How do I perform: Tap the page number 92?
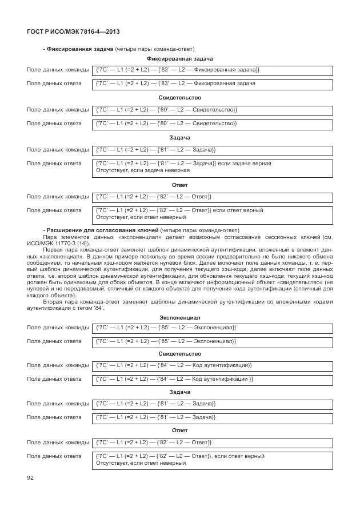[31, 477]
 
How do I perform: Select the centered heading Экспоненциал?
[179, 317]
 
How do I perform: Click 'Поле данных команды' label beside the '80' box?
[58, 109]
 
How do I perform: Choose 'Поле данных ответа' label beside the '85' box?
[54, 341]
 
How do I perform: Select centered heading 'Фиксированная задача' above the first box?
[179, 59]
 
